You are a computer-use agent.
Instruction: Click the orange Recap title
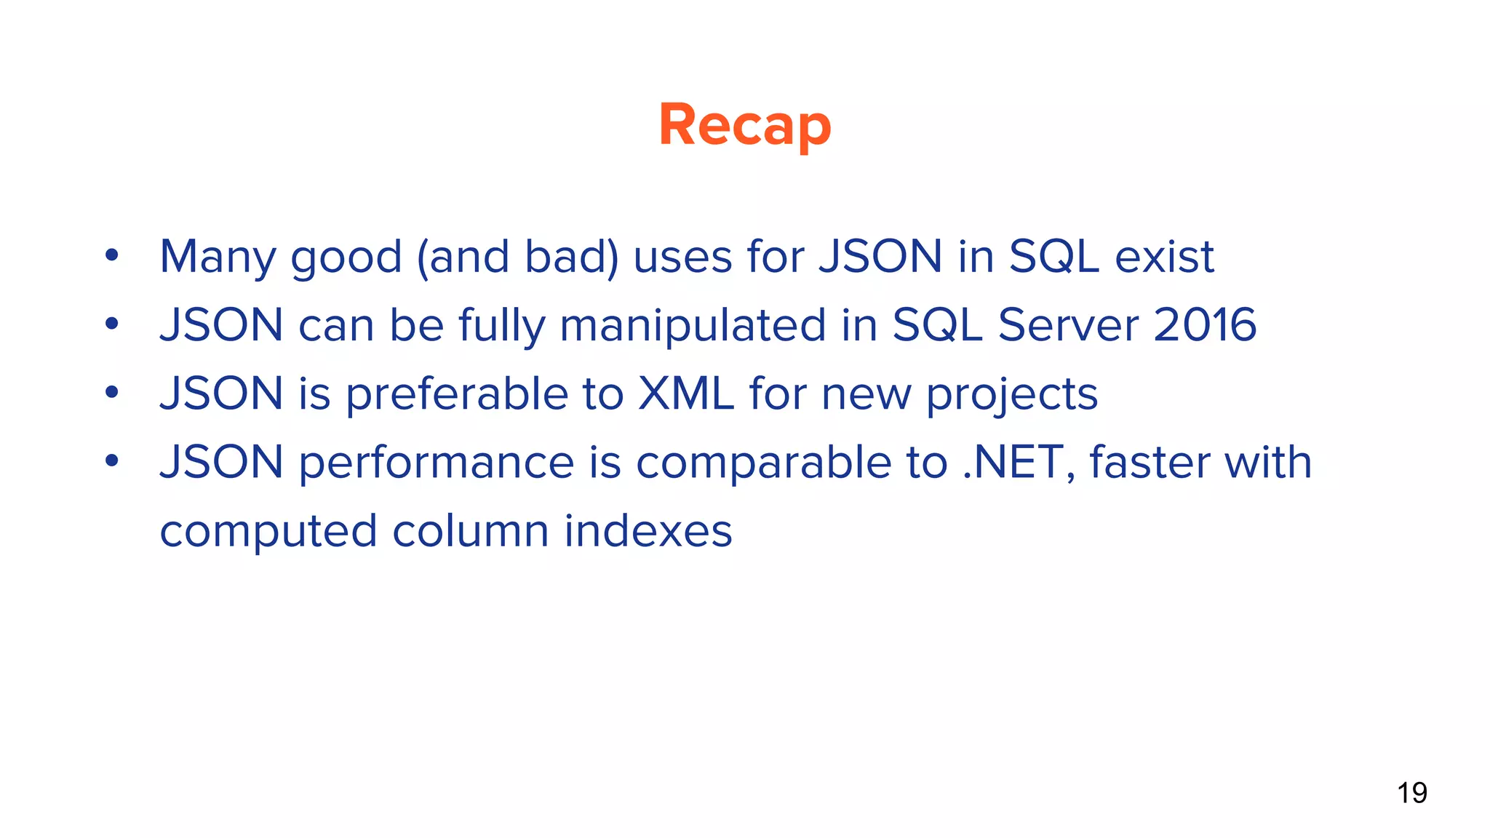click(x=744, y=125)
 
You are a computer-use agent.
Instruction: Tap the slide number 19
click(x=1411, y=793)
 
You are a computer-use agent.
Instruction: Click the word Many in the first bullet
click(x=218, y=257)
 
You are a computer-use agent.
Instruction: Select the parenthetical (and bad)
click(x=517, y=257)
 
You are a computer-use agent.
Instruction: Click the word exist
click(x=1164, y=257)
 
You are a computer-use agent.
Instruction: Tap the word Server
click(x=1067, y=324)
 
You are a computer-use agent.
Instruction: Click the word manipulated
click(x=693, y=326)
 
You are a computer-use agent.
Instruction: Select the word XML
click(x=685, y=394)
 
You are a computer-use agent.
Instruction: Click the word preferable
click(x=456, y=395)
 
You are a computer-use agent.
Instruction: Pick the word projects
click(x=1011, y=395)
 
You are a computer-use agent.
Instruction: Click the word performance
click(x=437, y=463)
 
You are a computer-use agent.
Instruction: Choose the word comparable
click(x=763, y=463)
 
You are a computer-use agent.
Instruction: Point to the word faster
click(x=1149, y=463)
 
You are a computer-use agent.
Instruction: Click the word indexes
click(x=648, y=530)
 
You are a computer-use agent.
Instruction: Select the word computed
click(x=268, y=532)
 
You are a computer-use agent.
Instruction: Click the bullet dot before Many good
click(x=111, y=255)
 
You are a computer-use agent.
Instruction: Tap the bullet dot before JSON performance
click(x=111, y=460)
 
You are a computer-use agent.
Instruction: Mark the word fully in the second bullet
click(x=501, y=326)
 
